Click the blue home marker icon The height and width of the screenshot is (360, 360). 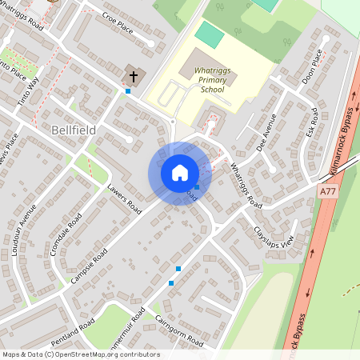[x=179, y=173]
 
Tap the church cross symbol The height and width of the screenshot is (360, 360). [x=134, y=77]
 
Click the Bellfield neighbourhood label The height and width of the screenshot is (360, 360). [x=73, y=129]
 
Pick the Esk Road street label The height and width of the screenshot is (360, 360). [x=312, y=119]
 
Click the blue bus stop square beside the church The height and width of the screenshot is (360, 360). [x=128, y=91]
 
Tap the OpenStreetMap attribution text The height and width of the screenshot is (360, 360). [x=80, y=354]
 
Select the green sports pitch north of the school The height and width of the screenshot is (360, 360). [x=210, y=34]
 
